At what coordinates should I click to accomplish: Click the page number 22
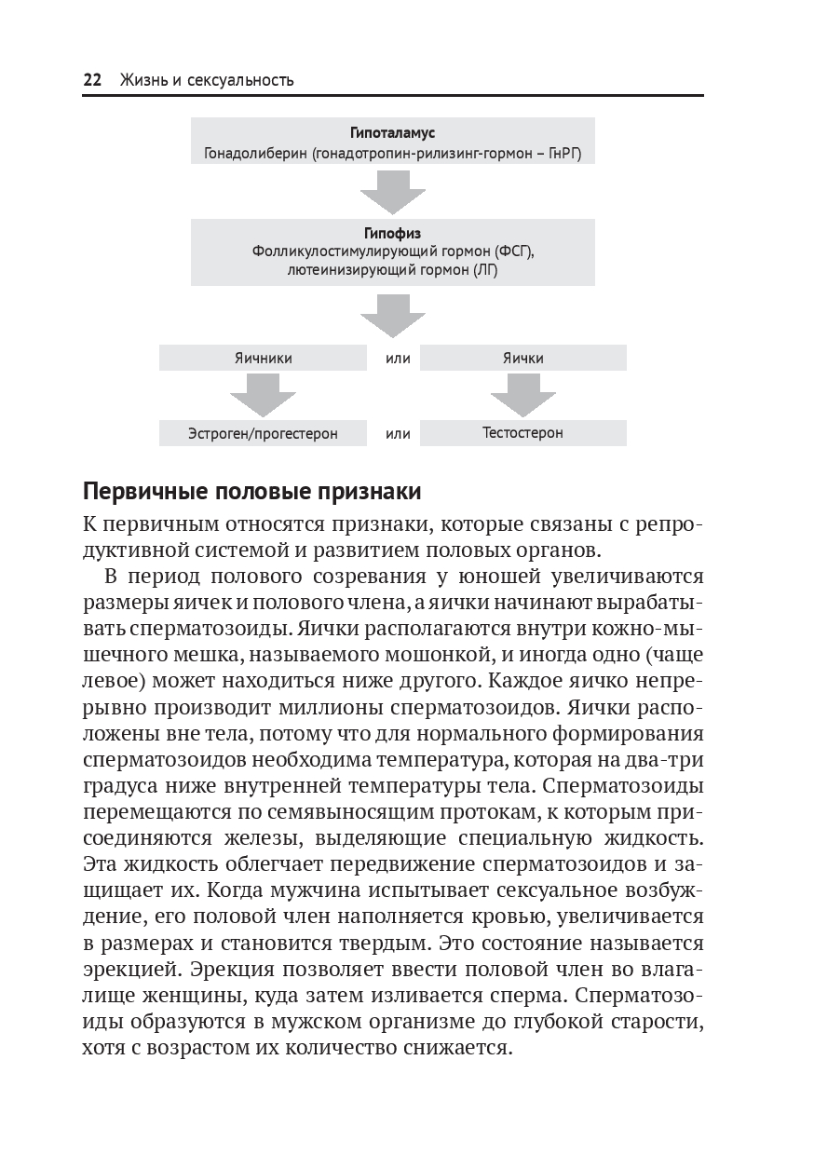(92, 80)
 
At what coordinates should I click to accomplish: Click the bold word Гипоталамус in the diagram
(392, 134)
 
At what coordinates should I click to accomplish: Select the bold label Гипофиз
(392, 234)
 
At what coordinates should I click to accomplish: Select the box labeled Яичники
(263, 358)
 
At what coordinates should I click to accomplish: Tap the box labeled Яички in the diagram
(522, 358)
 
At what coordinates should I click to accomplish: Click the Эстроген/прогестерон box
(263, 433)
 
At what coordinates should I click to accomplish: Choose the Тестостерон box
(522, 433)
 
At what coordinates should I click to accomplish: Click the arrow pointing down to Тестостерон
(522, 395)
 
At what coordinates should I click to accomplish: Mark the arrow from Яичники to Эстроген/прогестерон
(263, 395)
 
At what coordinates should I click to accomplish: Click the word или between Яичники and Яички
(398, 359)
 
